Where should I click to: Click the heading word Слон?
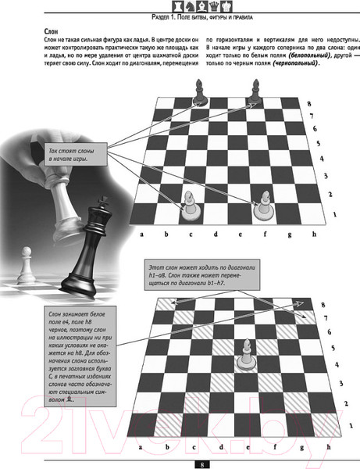pos(51,32)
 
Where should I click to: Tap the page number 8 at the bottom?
pos(202,464)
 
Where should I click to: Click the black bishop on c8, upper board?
pos(200,93)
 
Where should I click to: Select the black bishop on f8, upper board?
pos(255,92)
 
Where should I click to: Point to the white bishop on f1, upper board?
pos(264,206)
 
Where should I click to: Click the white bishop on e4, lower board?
pos(247,355)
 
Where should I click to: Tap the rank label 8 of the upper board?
pos(309,104)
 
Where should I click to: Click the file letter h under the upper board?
pos(314,234)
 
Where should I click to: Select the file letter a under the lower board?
pos(140,447)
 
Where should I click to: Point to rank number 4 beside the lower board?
pos(337,365)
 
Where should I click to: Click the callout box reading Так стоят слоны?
pos(76,155)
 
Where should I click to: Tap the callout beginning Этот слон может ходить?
pos(202,275)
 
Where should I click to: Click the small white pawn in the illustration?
pos(27,266)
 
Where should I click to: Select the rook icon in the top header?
pos(178,6)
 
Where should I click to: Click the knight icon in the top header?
pos(190,6)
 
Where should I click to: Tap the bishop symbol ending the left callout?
pos(70,399)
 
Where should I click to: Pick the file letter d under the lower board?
pos(221,447)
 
